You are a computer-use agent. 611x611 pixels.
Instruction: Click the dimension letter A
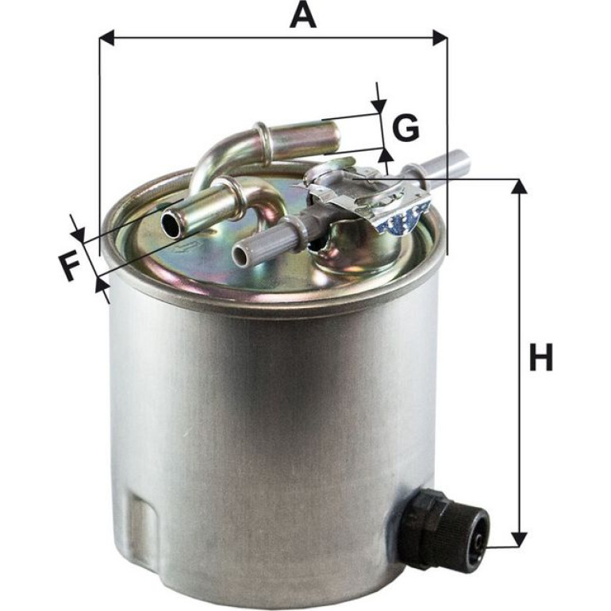303,16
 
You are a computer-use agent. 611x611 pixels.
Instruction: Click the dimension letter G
405,128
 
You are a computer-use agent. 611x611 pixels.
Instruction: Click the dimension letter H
541,357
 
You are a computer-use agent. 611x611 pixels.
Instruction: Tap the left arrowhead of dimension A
106,38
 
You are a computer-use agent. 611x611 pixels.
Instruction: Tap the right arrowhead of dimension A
440,38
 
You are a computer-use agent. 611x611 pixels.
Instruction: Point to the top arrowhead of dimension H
519,186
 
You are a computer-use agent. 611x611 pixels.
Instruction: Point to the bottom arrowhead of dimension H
519,540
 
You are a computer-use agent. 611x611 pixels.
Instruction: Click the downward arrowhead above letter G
378,107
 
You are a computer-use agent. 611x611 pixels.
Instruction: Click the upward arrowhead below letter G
386,155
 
